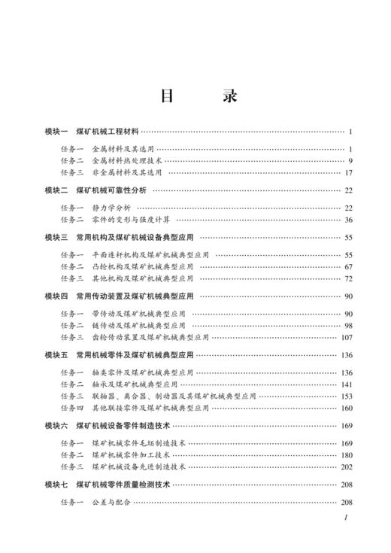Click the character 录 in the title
(230, 97)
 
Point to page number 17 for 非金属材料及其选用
(348, 172)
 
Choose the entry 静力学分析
(111, 208)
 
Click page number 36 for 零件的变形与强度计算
(348, 220)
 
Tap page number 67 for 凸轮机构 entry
(348, 266)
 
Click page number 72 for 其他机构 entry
(348, 278)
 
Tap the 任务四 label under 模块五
(72, 409)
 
